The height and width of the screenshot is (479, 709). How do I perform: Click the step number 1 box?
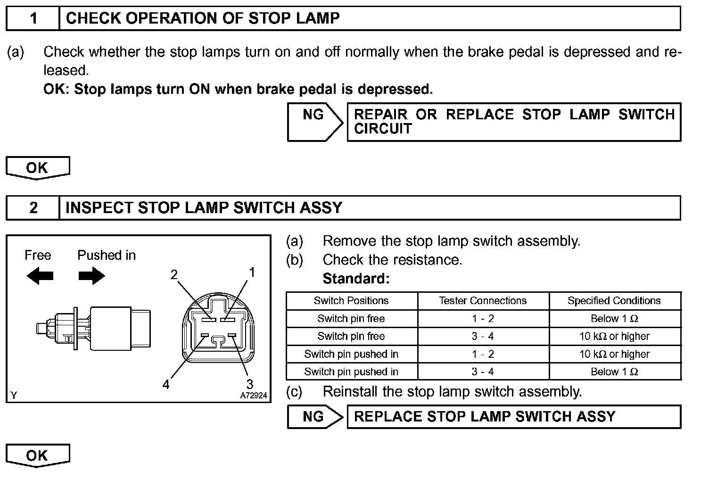(x=33, y=18)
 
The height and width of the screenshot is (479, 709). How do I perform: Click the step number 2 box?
(x=33, y=208)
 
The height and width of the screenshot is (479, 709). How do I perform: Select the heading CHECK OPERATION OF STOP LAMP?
(x=203, y=18)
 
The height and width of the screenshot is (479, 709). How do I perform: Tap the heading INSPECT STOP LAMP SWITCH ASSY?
(x=204, y=208)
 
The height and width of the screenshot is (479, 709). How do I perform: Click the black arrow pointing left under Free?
(x=40, y=276)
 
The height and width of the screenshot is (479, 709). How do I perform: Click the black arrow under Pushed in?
(x=91, y=276)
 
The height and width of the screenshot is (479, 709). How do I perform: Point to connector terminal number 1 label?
(x=252, y=273)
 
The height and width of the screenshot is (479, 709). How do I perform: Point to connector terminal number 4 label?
(x=166, y=385)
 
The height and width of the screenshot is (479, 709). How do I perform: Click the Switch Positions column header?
(x=351, y=301)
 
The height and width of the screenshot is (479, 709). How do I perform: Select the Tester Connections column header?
(x=483, y=301)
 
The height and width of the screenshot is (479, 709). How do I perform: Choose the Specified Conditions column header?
(x=614, y=301)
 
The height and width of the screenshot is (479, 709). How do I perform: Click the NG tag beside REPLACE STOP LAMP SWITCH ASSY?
(x=314, y=417)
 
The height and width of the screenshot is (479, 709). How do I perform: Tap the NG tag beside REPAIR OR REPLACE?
(x=314, y=115)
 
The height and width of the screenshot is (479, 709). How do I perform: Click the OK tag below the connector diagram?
(x=37, y=456)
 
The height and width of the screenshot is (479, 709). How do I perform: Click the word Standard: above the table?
(x=356, y=279)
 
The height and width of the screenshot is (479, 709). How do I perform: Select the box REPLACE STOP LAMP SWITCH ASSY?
(x=513, y=417)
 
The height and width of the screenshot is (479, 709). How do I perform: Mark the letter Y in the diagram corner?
(x=14, y=396)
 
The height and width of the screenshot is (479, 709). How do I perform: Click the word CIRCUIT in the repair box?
(x=383, y=129)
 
